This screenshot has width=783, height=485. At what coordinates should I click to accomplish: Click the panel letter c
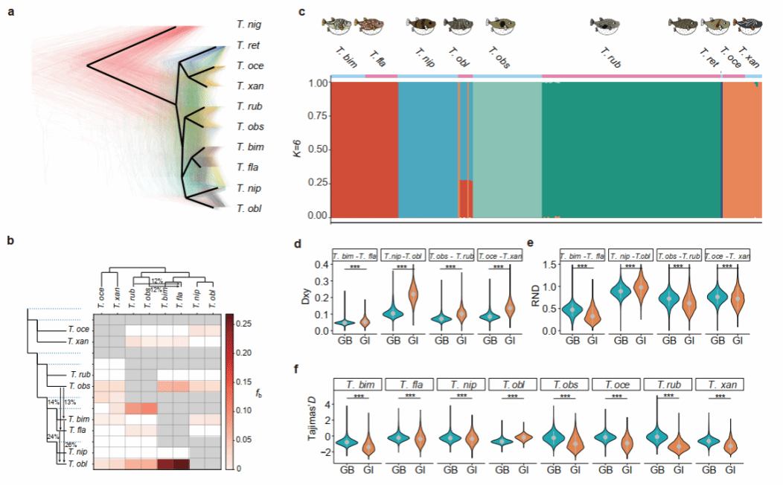point(301,13)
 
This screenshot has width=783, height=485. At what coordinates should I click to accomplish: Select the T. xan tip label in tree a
point(248,86)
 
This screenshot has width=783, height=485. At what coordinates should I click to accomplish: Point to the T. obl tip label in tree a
point(248,208)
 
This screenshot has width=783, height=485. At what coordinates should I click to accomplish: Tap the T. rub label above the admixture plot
point(610,57)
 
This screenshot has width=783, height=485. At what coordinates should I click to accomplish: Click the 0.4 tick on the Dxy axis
point(321,265)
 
